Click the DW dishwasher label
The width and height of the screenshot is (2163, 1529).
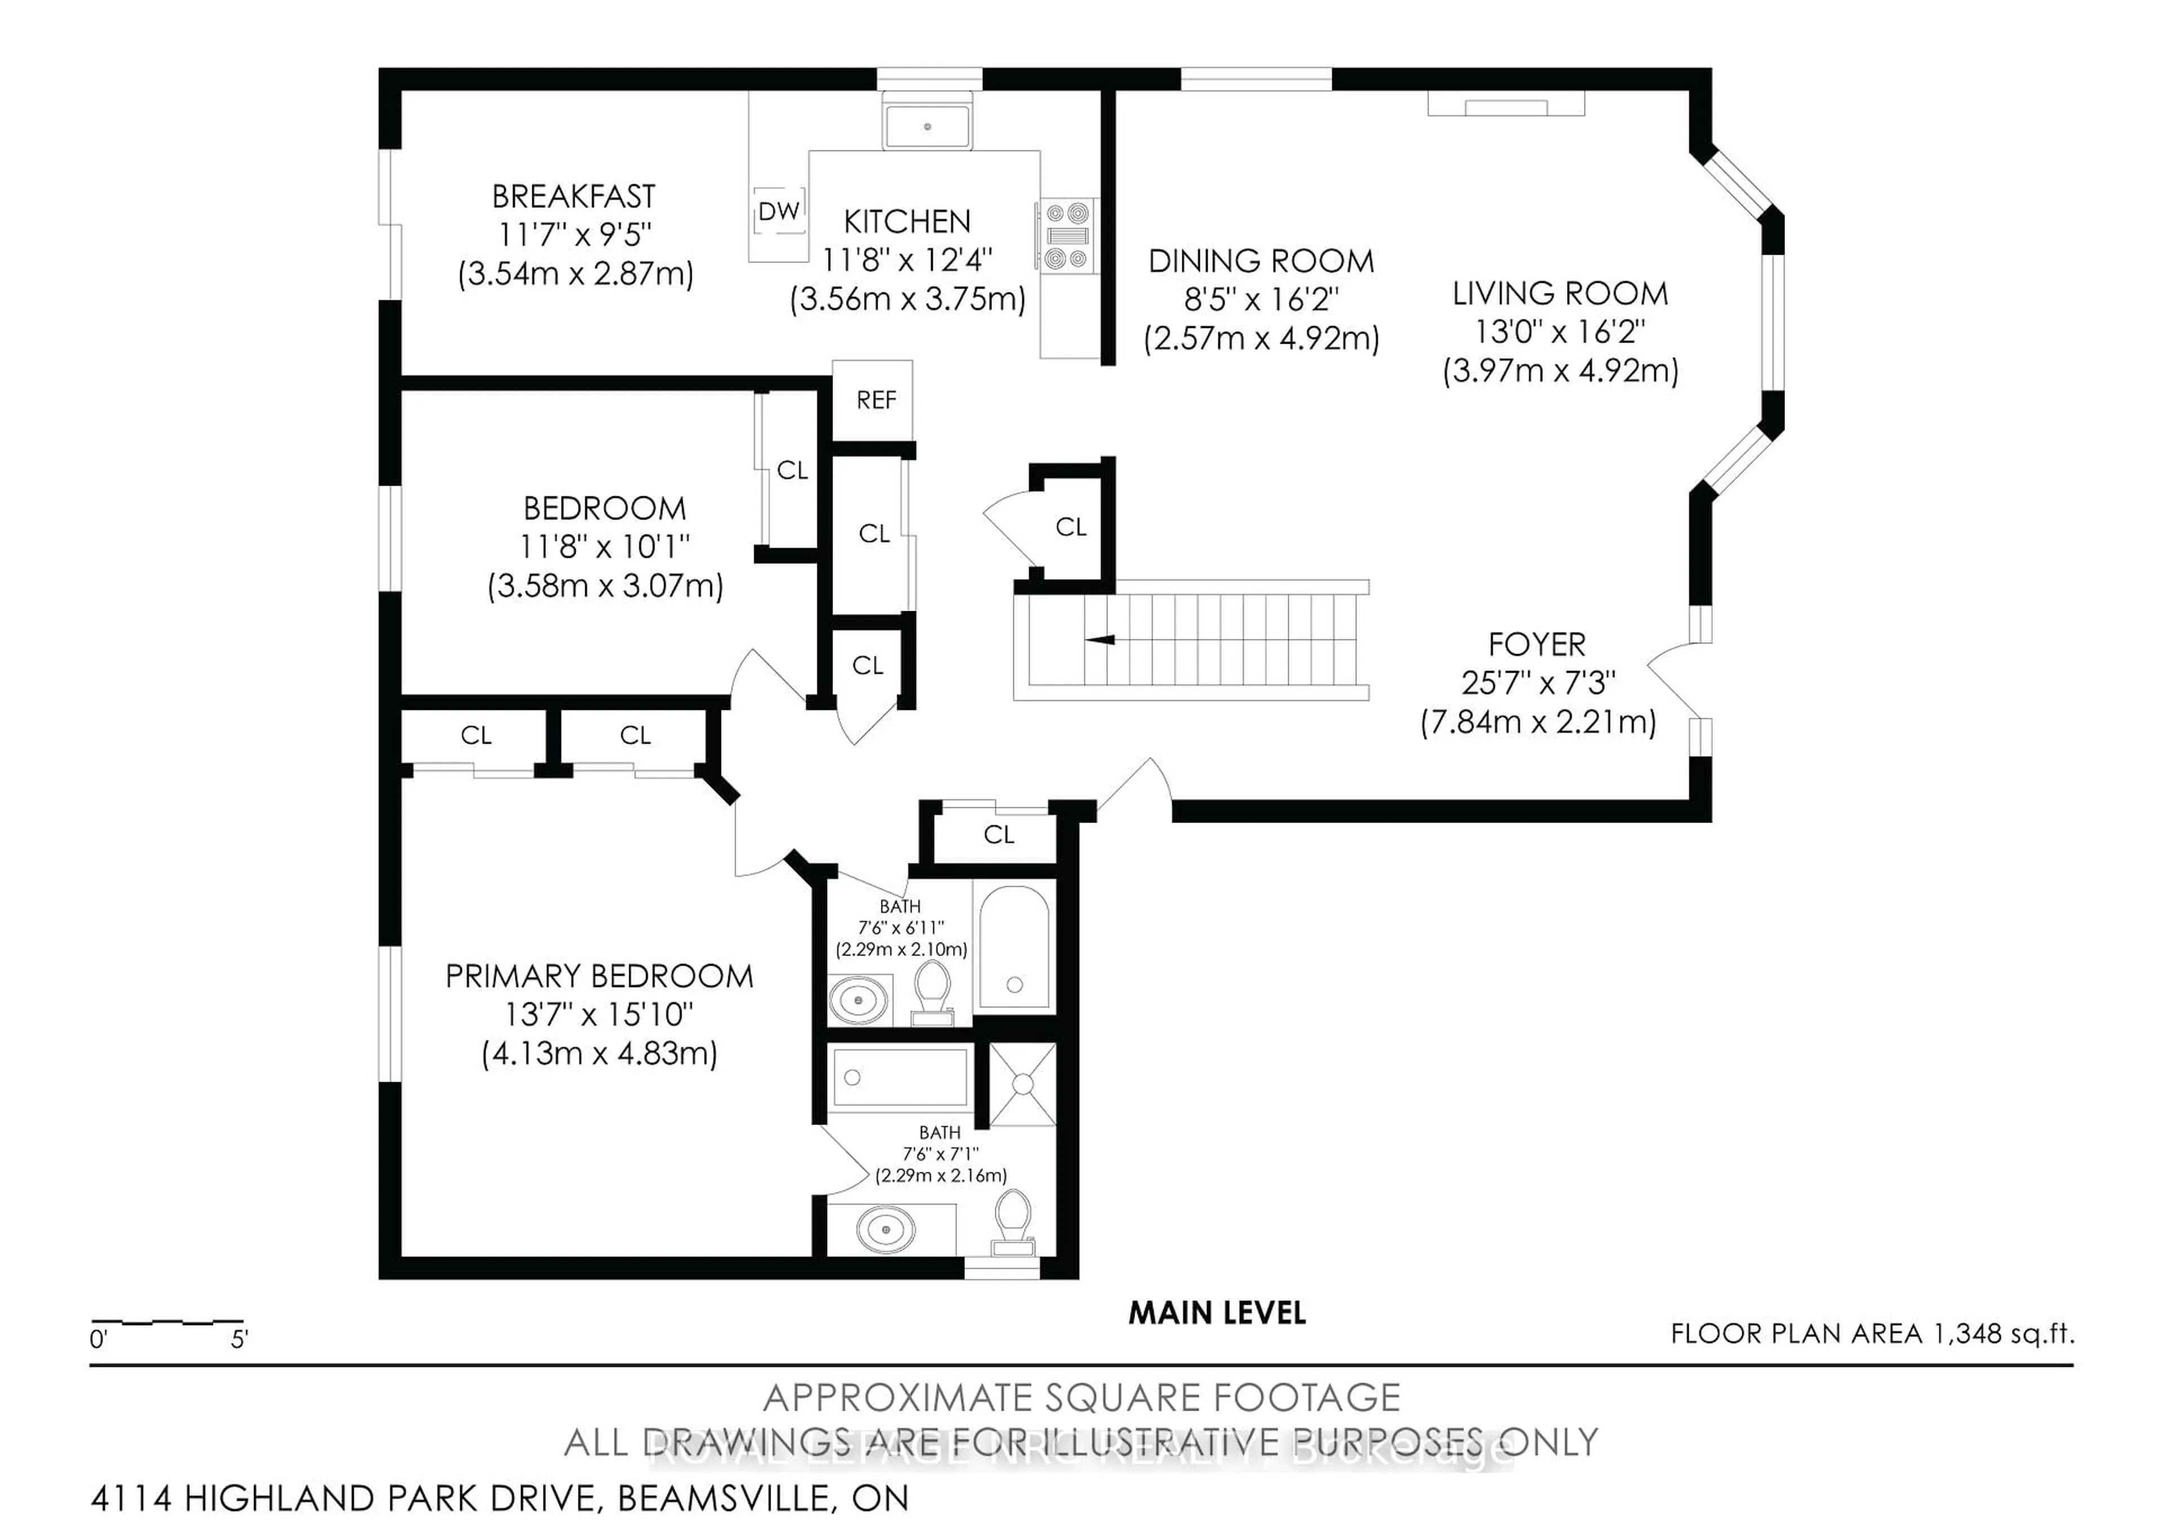tap(779, 212)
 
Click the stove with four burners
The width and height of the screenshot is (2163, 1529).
tap(1067, 235)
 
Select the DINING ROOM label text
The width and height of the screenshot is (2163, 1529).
tap(1261, 261)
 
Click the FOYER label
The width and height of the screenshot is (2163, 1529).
tap(1537, 645)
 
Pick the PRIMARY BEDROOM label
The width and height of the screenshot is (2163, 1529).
tap(599, 976)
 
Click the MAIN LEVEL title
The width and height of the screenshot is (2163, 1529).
tap(1216, 1313)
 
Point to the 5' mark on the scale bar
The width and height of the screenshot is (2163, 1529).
tap(239, 1339)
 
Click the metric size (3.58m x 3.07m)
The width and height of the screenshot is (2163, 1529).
tap(605, 586)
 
